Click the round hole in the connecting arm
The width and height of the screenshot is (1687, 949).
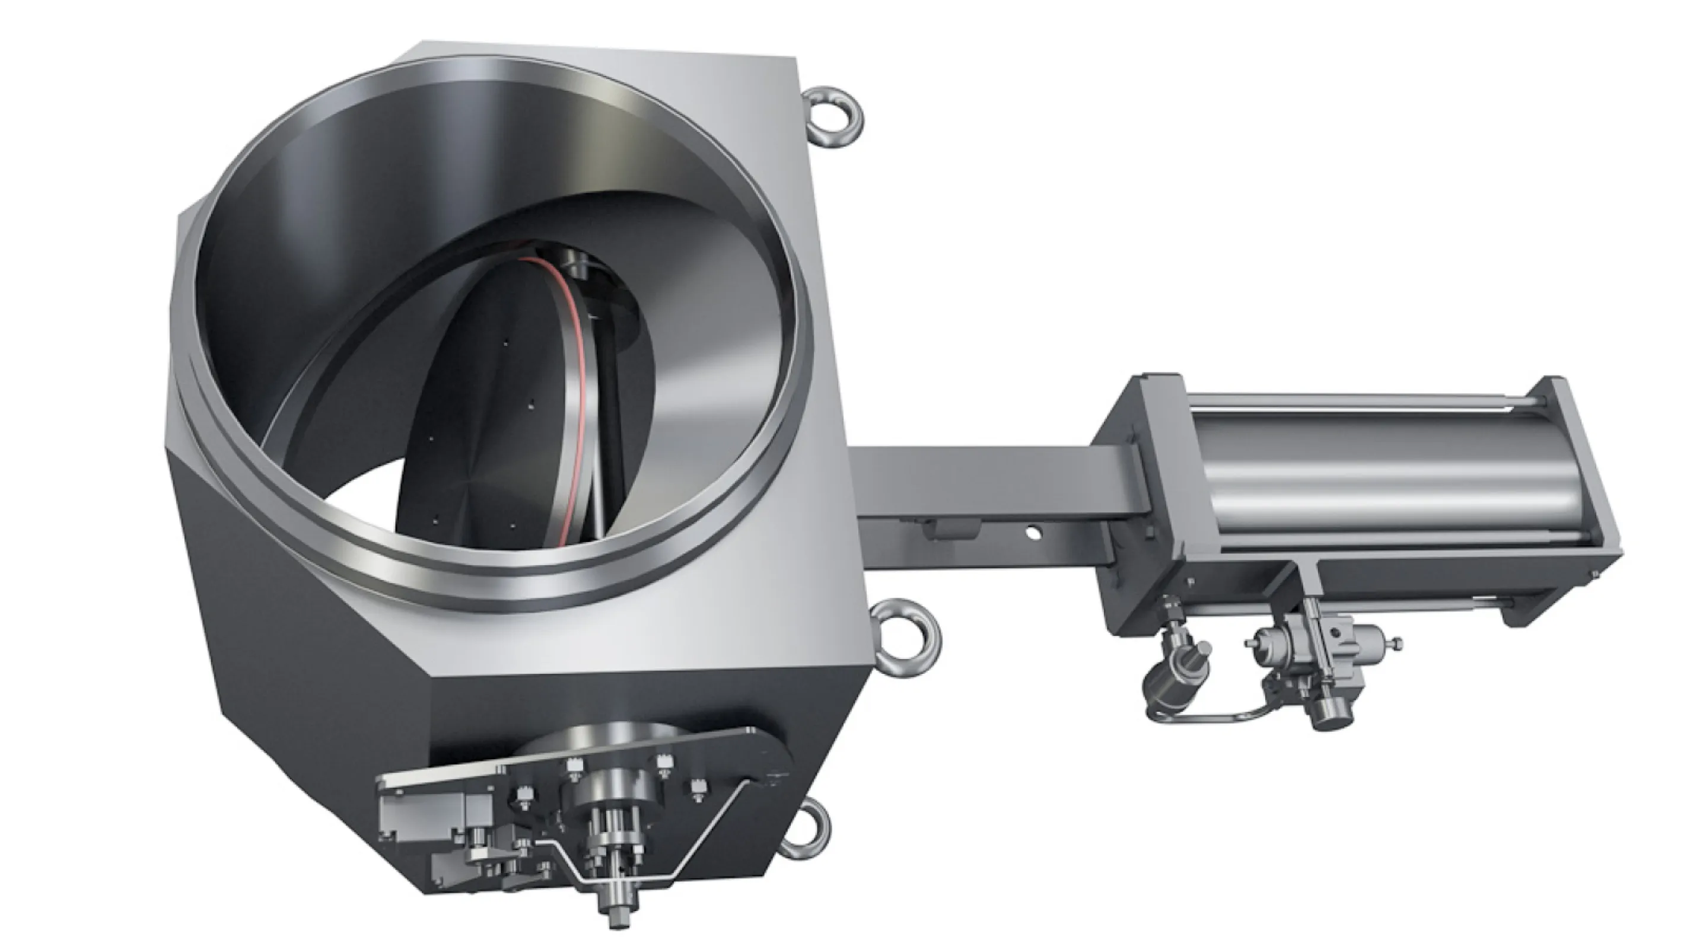coord(1033,533)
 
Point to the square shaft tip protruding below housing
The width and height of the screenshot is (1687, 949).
coord(616,917)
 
